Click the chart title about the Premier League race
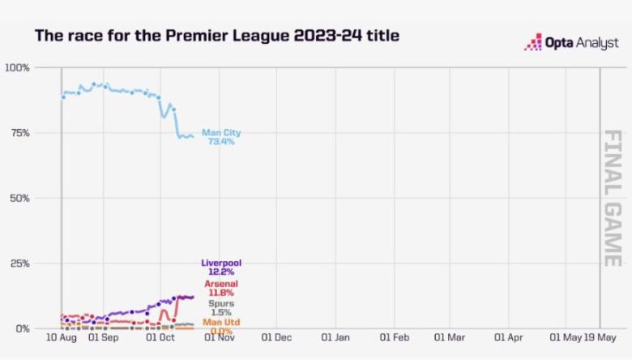(216, 36)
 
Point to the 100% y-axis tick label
(17, 67)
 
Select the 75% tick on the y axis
(19, 133)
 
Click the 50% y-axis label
(19, 198)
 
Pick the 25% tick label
(19, 264)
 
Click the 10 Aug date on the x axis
(62, 337)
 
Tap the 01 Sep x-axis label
(104, 337)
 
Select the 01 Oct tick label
(160, 337)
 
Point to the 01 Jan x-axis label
(335, 337)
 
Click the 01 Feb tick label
(394, 337)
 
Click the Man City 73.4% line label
(220, 137)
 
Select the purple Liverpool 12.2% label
(220, 268)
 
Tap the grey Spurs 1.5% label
(220, 307)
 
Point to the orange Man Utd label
(220, 324)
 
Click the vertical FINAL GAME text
(613, 198)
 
